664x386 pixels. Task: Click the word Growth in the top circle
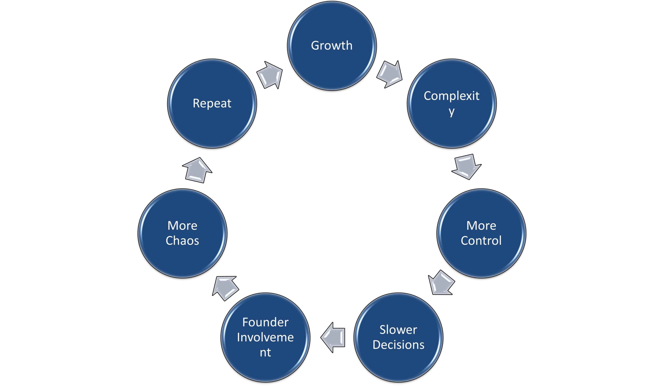point(331,46)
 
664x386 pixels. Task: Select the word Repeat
point(212,103)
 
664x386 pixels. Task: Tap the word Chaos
point(182,240)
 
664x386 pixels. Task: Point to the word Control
point(481,240)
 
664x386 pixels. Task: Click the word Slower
point(398,330)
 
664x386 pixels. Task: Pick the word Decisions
point(398,345)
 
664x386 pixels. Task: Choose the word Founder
point(265,322)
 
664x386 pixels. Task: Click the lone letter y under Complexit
point(452,111)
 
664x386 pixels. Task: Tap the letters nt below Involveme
point(265,353)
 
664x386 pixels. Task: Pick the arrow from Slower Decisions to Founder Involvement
point(333,337)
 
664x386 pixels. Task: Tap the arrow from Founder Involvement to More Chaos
point(225,288)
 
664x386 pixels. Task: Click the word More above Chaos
point(182,226)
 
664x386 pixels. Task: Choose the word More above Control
point(481,226)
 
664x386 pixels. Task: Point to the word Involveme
point(265,337)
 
